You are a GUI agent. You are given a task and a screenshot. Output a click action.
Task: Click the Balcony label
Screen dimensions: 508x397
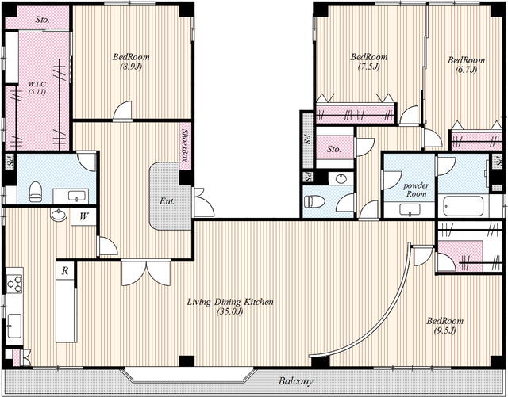tap(296, 381)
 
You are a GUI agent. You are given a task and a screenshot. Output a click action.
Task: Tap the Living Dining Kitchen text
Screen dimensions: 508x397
tap(230, 302)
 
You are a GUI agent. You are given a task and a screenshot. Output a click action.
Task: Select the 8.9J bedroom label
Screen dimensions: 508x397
tap(131, 62)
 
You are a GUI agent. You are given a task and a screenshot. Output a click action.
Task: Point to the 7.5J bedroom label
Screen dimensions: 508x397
tap(368, 62)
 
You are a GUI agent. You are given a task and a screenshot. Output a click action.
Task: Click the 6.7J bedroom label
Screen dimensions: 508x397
tap(466, 65)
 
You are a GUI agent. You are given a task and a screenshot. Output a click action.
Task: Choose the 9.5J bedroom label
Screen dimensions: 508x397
tap(444, 326)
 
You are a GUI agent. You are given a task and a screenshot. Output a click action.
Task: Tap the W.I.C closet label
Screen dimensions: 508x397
tap(37, 88)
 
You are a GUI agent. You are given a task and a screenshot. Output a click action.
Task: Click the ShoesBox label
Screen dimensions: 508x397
tap(185, 146)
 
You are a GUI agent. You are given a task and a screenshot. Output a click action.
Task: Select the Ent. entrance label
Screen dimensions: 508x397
tap(167, 201)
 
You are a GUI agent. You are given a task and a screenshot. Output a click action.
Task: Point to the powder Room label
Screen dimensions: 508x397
tap(416, 189)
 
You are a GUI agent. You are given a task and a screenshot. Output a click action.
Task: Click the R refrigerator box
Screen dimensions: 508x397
tap(65, 270)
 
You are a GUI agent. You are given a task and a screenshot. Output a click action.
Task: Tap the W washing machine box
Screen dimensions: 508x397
tap(83, 216)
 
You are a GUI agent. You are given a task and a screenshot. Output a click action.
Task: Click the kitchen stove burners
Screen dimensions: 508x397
tap(14, 284)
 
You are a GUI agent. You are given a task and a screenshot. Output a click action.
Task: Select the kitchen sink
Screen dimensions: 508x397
tap(14, 326)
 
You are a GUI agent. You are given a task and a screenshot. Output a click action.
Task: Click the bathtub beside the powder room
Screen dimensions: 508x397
tap(464, 206)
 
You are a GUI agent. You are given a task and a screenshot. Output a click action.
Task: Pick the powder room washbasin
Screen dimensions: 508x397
tap(410, 210)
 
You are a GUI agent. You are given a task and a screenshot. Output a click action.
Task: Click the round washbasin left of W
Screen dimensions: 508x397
tap(59, 215)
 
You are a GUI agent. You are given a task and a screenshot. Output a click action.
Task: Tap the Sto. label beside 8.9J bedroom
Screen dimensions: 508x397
tap(43, 20)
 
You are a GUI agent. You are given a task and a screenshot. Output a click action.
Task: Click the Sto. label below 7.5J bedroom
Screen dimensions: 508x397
tap(334, 149)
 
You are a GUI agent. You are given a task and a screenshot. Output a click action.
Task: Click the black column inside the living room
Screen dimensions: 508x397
tap(187, 361)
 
